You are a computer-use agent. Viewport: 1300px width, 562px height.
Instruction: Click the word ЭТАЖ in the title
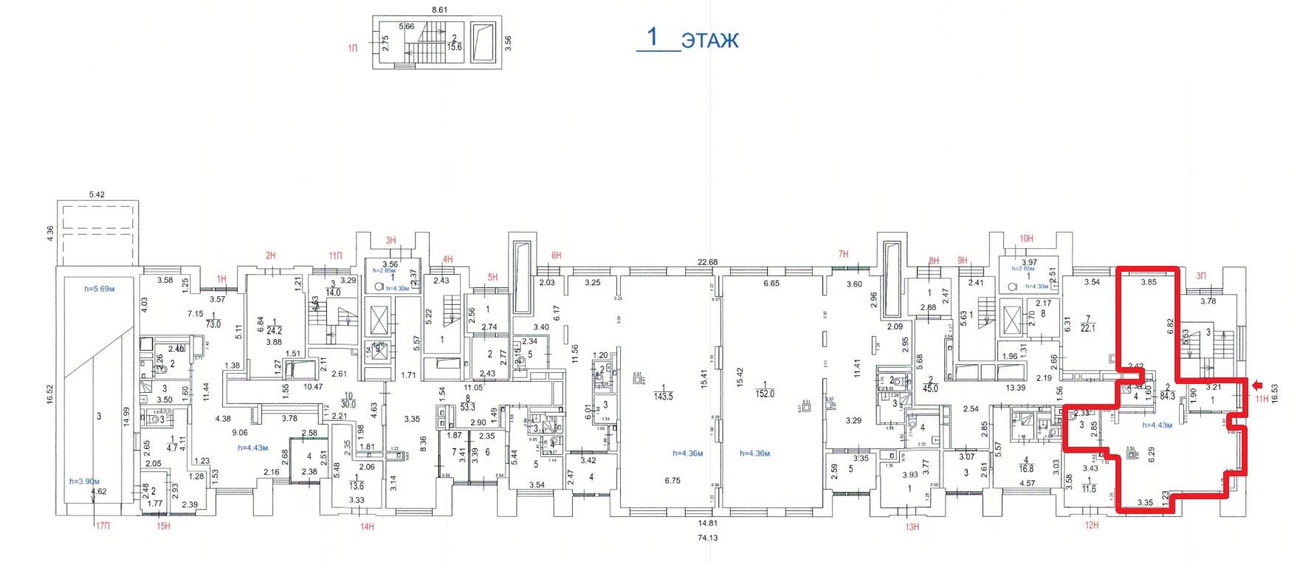[x=709, y=40]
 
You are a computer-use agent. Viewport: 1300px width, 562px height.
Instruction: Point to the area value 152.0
[x=765, y=394]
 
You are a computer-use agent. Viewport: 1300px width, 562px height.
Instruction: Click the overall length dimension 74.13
[x=706, y=538]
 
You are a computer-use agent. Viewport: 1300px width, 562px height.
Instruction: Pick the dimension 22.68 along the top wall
[x=707, y=262]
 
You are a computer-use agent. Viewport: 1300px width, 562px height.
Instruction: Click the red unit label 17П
[x=102, y=526]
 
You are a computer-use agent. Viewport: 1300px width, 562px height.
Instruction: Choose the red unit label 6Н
[x=556, y=256]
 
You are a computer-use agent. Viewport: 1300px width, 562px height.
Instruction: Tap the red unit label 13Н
[x=912, y=527]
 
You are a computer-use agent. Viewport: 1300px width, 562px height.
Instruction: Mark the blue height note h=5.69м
[x=99, y=289]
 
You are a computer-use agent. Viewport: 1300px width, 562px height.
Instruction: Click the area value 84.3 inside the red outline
[x=1167, y=397]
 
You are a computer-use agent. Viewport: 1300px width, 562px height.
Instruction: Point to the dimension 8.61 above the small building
[x=439, y=10]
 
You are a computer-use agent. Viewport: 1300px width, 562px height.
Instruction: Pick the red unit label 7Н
[x=843, y=254]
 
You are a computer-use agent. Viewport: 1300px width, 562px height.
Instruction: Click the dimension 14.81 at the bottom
[x=706, y=524]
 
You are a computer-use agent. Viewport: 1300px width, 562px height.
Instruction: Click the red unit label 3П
[x=1200, y=275]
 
